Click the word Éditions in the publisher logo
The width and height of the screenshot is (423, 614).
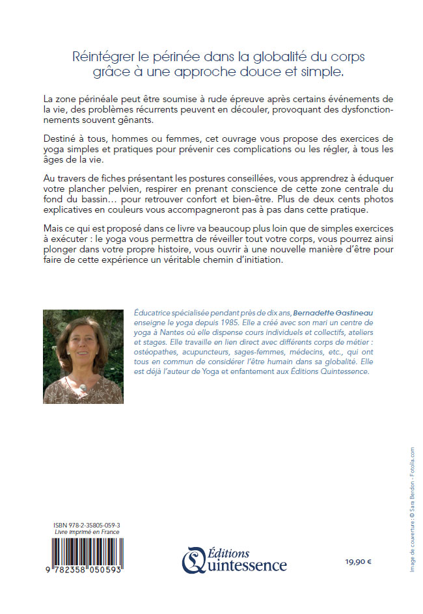(230, 552)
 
